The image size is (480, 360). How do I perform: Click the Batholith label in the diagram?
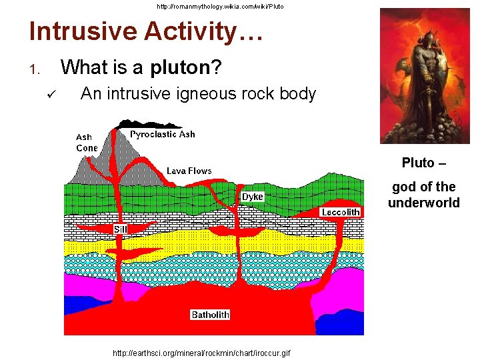coord(210,315)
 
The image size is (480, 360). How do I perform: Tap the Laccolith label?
coord(341,212)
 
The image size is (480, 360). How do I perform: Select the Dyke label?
coord(253,197)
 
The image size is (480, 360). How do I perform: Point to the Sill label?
coord(120,229)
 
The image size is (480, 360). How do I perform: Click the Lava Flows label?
coord(189,171)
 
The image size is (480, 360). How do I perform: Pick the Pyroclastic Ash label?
coord(163,134)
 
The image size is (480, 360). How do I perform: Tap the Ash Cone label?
coord(86,143)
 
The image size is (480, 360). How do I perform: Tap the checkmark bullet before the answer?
coord(52,95)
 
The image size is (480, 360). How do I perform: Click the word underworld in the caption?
coord(424,203)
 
